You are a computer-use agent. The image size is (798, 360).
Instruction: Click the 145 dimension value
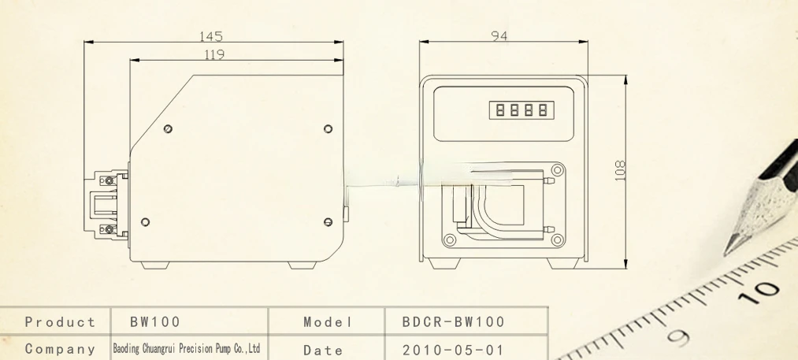tap(210, 36)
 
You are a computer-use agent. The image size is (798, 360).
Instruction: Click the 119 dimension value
tap(214, 54)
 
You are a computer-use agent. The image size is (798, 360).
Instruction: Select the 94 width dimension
tap(499, 35)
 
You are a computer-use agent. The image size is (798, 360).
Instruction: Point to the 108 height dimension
tap(620, 171)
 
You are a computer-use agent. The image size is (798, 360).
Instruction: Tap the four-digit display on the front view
tap(521, 110)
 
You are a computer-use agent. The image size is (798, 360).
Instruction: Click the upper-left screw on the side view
tap(168, 129)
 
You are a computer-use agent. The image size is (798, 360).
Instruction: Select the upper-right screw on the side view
tap(328, 129)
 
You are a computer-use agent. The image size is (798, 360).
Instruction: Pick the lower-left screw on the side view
tap(145, 222)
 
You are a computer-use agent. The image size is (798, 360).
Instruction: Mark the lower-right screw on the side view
tap(328, 222)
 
